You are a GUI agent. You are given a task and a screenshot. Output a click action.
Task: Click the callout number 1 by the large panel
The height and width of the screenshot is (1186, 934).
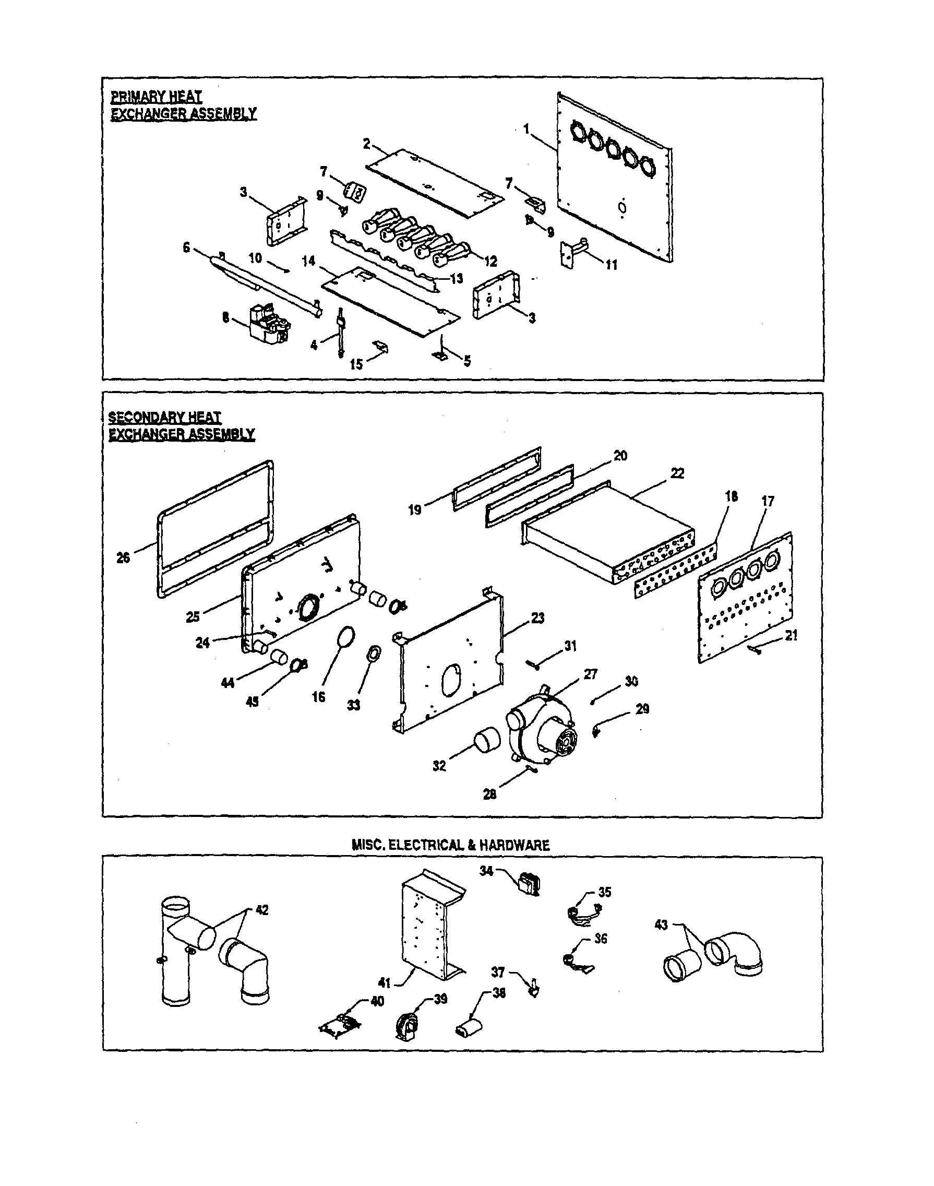coord(526,129)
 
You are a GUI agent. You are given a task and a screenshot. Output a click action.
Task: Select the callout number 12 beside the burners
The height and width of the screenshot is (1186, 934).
coord(490,262)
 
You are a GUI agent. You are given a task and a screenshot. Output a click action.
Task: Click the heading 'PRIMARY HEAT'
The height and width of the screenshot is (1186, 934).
coord(157,97)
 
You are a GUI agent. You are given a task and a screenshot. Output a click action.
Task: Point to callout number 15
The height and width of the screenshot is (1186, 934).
coord(356,364)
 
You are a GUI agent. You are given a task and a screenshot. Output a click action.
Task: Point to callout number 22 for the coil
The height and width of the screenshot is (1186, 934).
coord(677,473)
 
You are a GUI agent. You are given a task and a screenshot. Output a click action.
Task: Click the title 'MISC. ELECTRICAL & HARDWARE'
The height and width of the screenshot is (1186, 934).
coord(451,845)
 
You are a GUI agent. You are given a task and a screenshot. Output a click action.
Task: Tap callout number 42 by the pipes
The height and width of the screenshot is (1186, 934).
coord(262,910)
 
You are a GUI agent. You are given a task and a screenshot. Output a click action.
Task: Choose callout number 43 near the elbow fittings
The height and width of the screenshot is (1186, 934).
coord(661,925)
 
